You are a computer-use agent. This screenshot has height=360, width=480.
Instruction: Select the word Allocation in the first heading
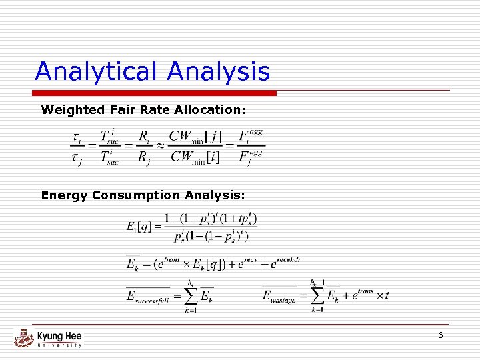point(213,109)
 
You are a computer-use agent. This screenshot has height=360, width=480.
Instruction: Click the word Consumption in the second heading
point(136,195)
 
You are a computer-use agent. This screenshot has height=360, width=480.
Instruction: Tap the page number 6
point(440,335)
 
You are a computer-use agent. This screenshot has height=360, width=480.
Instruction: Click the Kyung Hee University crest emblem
point(23,337)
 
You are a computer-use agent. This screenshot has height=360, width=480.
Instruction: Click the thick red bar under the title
point(155,93)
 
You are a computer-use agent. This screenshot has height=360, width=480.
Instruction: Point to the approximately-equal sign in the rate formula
point(160,145)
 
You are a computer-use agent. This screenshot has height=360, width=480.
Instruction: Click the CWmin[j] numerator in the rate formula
point(195,137)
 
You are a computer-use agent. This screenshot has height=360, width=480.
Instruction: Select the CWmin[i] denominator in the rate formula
point(195,157)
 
